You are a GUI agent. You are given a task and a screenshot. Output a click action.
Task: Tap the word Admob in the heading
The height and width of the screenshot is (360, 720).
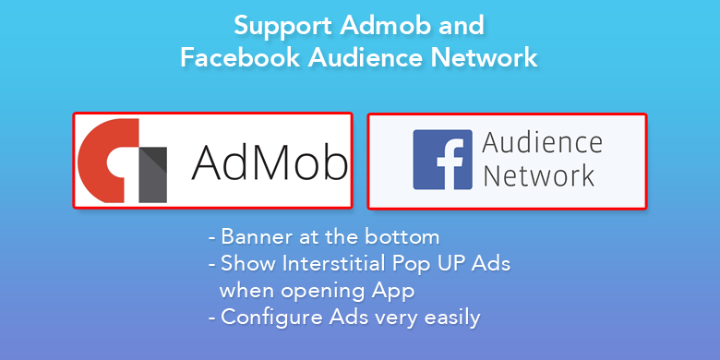coord(386,25)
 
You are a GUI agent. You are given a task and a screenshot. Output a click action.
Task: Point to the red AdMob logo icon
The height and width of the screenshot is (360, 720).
coord(108,161)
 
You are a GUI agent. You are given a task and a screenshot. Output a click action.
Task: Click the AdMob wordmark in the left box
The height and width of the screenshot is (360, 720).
coord(270,162)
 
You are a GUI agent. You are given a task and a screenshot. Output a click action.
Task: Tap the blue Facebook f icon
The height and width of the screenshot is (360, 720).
coord(443,160)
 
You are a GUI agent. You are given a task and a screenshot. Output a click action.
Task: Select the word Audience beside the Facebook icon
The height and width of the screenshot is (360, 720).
coord(542,145)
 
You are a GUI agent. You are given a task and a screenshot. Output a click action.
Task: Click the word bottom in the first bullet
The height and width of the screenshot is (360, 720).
coord(402,237)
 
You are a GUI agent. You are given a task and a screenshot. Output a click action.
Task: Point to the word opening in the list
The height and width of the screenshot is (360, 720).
coord(325,291)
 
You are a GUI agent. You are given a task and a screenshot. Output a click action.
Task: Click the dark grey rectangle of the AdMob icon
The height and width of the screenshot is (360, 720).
coord(153,175)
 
